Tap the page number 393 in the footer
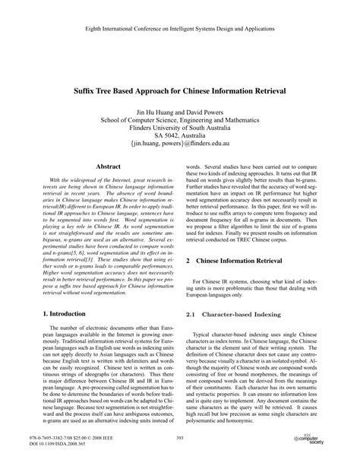click(x=180, y=438)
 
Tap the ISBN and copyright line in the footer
click(x=58, y=438)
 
